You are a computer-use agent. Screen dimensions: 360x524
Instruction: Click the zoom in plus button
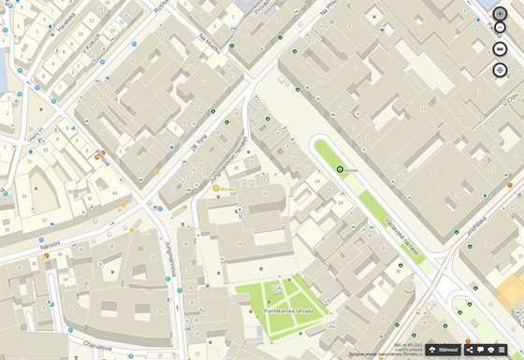pyautogui.click(x=500, y=28)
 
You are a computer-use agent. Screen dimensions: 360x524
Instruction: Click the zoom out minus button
pyautogui.click(x=500, y=49)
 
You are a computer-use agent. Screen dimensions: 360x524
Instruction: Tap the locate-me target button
pyautogui.click(x=500, y=70)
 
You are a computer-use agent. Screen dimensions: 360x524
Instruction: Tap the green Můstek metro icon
pyautogui.click(x=341, y=169)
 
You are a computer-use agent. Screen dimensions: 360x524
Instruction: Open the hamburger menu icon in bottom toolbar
pyautogui.click(x=502, y=349)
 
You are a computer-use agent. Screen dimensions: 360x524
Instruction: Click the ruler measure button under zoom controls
pyautogui.click(x=500, y=8)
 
